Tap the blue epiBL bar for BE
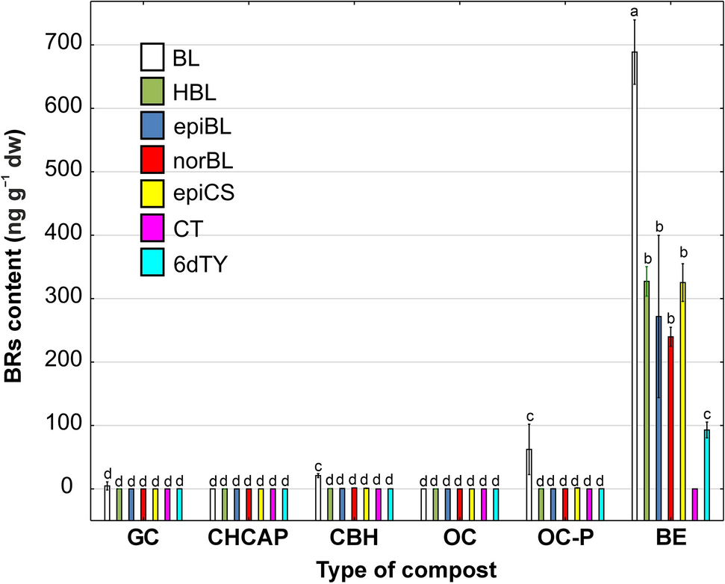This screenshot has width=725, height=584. point(659,403)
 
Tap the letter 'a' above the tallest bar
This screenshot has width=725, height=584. point(635,10)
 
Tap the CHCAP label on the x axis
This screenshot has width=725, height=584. point(249,538)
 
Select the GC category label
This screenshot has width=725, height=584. point(143,538)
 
